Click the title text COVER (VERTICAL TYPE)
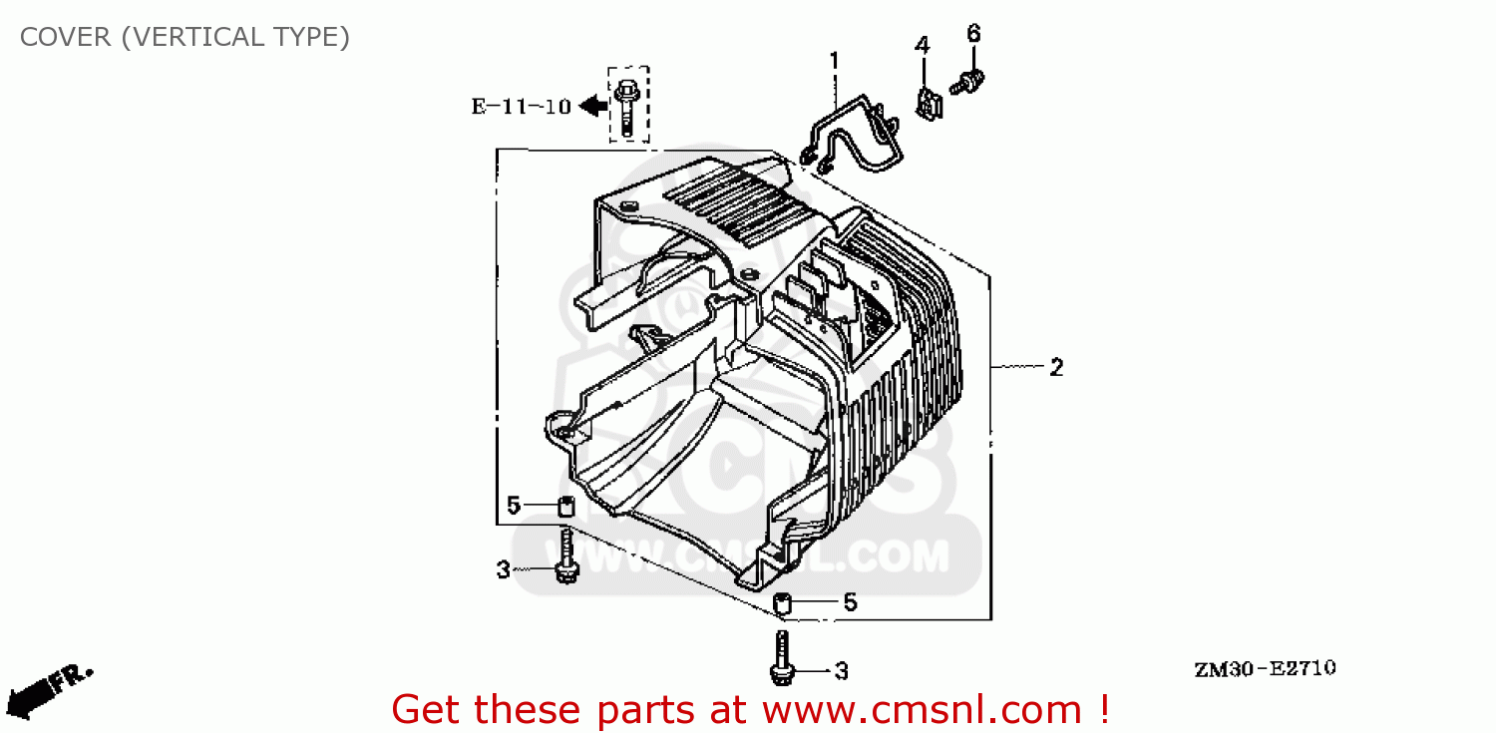pos(185,38)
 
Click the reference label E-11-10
pos(521,106)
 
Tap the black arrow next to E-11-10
pos(594,104)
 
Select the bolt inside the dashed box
pos(627,106)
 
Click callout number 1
pos(834,61)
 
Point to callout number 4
pos(923,45)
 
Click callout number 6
pos(973,34)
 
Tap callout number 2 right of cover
pos(1056,367)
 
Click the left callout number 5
pos(513,506)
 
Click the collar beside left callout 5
pos(565,507)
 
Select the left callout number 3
pos(503,569)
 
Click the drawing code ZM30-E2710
pos(1264,668)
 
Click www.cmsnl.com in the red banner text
pos(922,710)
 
